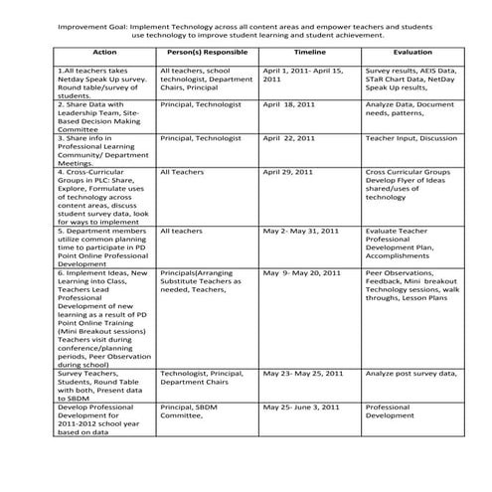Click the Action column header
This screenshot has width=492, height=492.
point(103,50)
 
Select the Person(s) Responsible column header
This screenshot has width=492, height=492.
point(207,50)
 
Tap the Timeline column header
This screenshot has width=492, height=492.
point(309,50)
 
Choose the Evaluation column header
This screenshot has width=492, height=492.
point(411,50)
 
